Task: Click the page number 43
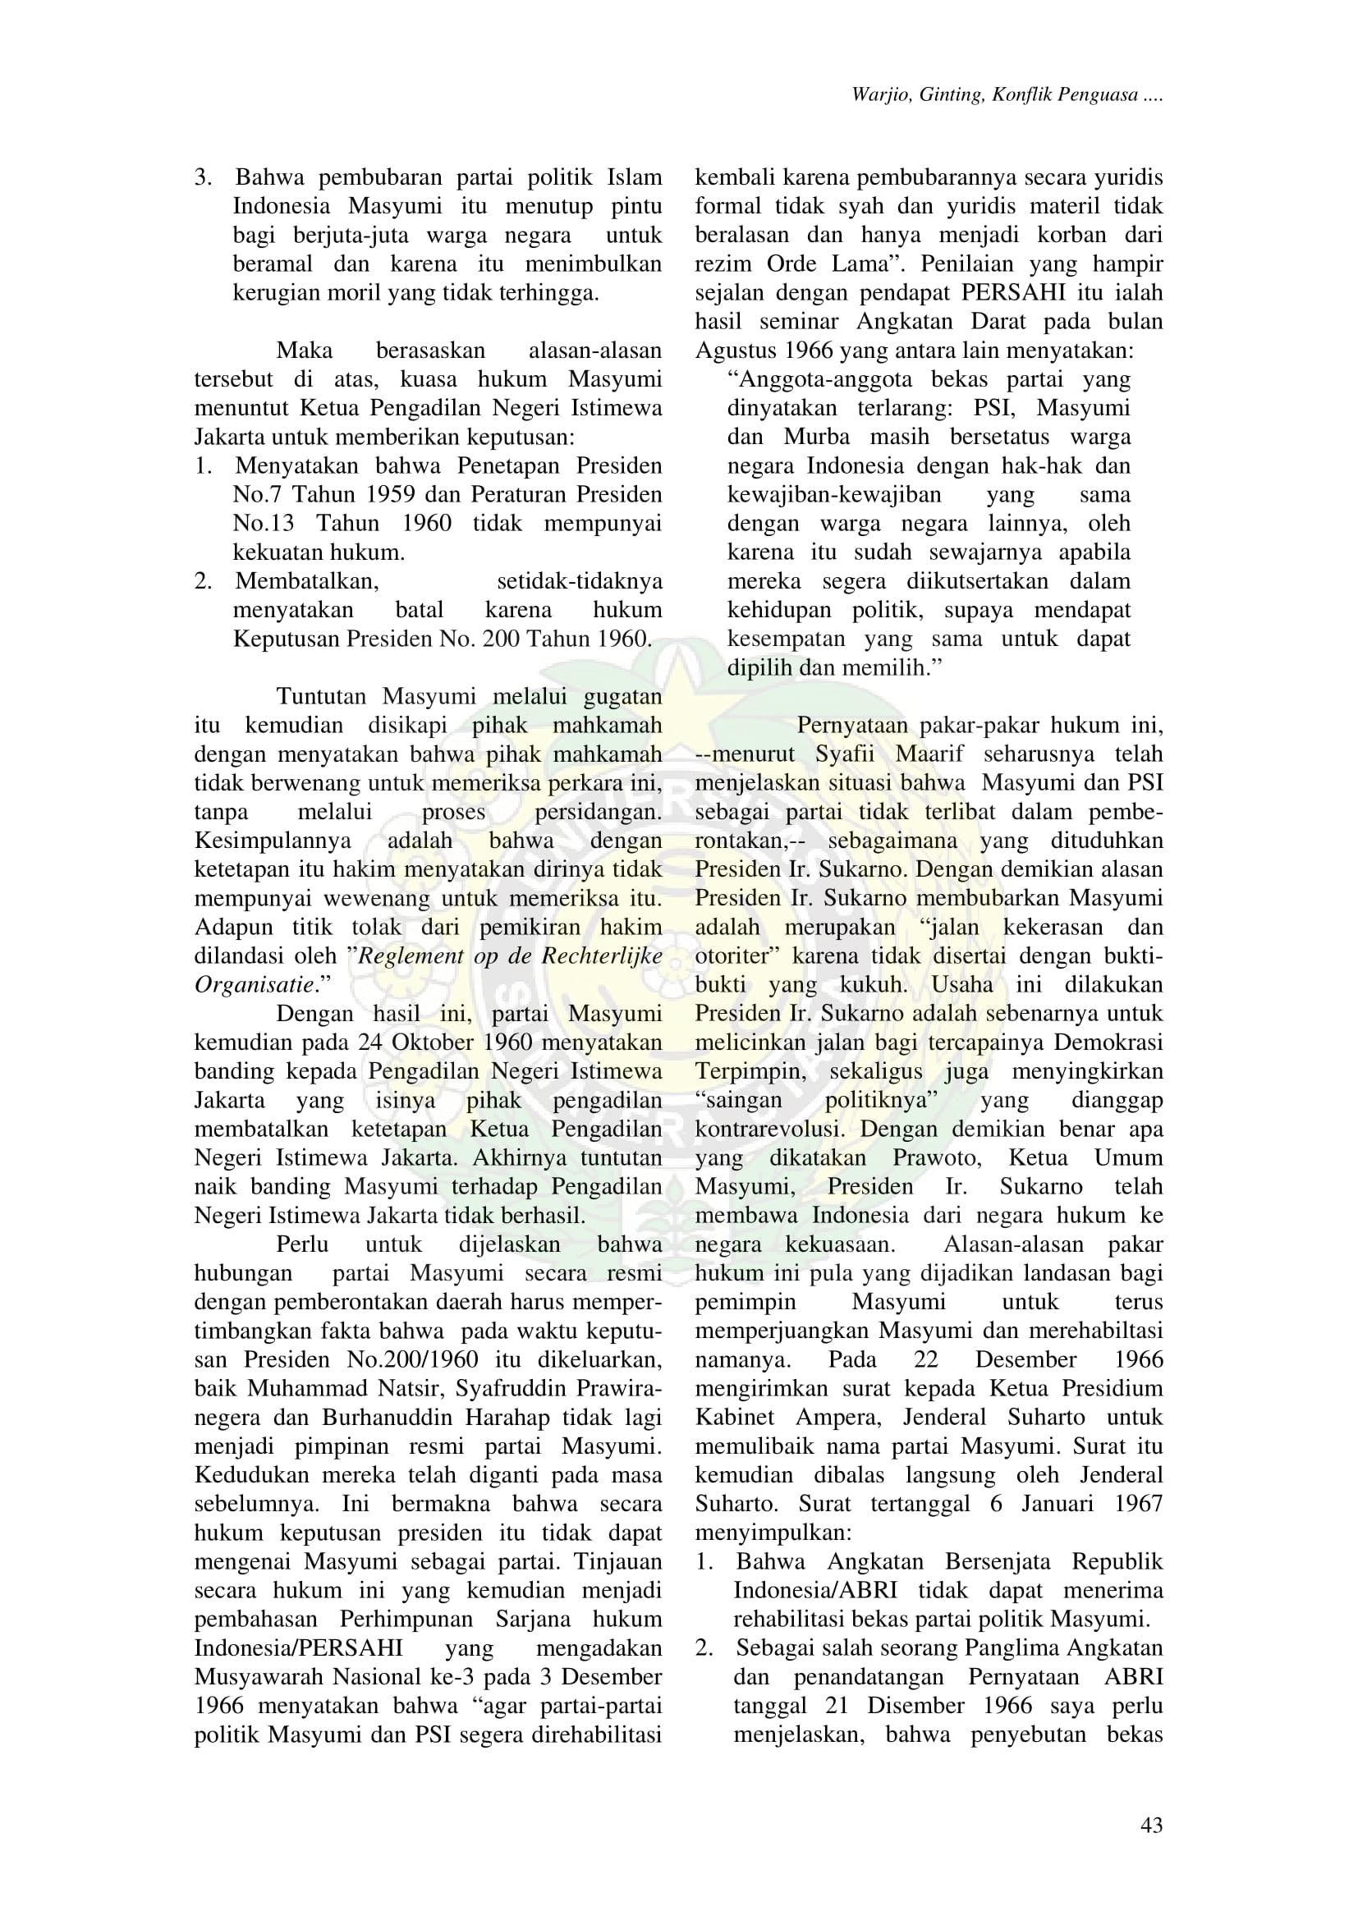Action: point(1150,1825)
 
